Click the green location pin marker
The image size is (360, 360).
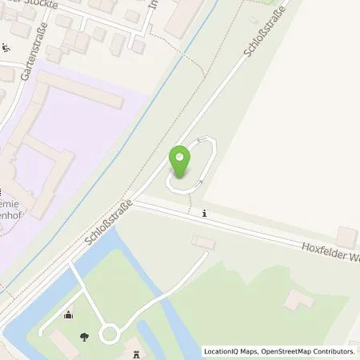coord(180,162)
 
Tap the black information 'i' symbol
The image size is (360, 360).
coord(206,214)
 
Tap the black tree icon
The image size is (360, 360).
coord(86,336)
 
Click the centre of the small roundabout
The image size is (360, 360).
coord(110,333)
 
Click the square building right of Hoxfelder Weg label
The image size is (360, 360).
coord(347,236)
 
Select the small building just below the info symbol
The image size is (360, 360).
coord(203,242)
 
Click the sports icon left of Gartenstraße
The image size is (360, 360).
coord(7,47)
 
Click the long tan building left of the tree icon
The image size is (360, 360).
coord(63,343)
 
